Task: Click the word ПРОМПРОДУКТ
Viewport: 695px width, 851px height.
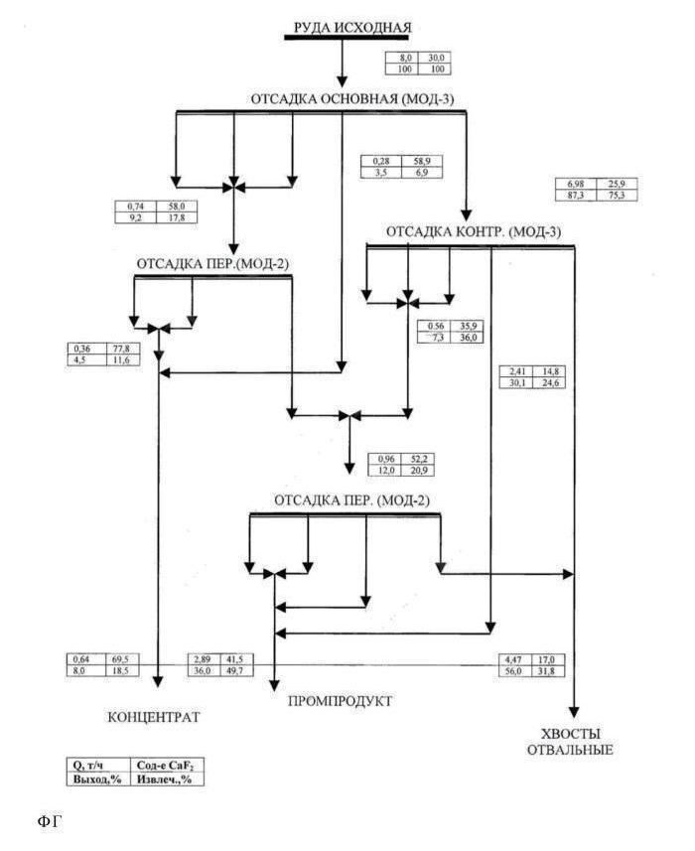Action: (x=340, y=702)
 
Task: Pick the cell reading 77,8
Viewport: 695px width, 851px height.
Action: (x=126, y=349)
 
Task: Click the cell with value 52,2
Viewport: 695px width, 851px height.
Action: (x=420, y=459)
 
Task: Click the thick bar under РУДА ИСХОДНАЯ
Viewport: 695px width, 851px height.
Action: (x=342, y=38)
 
